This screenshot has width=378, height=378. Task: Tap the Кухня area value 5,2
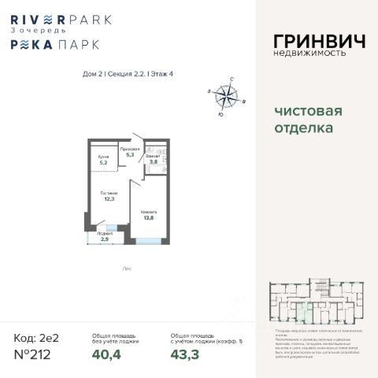point(102,163)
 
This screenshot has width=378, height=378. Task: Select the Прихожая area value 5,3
point(131,155)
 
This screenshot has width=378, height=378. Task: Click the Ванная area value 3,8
point(154,162)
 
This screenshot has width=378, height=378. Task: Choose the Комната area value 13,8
point(148,218)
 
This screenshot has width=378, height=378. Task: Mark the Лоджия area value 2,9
point(94,238)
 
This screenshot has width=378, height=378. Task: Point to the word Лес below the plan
point(127,267)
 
